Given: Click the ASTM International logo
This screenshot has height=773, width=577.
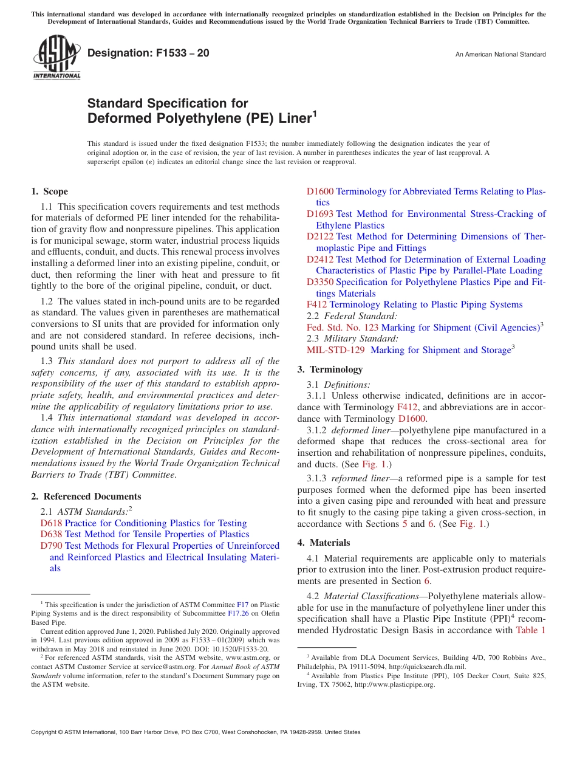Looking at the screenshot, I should pos(56,57).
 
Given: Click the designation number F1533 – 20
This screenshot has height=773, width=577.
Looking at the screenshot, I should pos(148,53).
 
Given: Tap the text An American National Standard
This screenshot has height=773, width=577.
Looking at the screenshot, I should pos(500,55).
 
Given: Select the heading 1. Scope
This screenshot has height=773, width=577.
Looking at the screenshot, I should pos(50,191).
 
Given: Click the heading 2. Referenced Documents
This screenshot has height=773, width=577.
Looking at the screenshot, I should pos(86,496).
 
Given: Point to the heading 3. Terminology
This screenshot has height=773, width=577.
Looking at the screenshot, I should pos(330,369).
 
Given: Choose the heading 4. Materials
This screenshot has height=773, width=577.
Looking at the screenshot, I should pos(324,543).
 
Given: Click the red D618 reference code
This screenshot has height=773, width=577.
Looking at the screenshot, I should pos(51,523).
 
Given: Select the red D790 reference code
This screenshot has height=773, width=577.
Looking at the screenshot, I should pos(51,546).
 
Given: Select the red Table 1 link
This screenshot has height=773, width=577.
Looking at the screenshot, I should pos(530,630).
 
